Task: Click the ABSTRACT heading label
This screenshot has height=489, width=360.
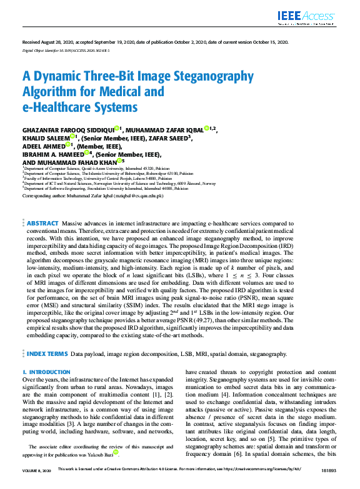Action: [42, 223]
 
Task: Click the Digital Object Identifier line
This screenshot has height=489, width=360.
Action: [66, 49]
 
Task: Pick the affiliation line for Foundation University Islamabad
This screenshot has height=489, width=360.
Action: [106, 187]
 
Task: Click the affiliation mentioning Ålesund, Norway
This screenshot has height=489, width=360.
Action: [119, 183]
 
